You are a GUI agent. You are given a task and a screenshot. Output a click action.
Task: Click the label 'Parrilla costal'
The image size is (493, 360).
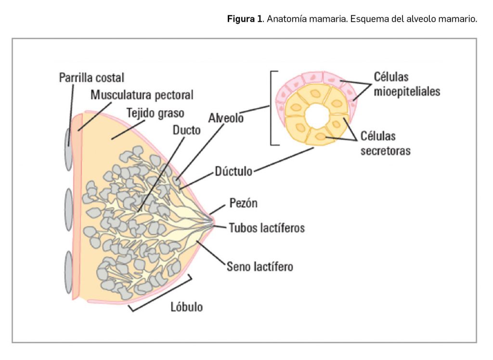[x=91, y=77]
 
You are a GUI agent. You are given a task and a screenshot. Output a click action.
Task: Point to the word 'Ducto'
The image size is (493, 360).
[x=187, y=130]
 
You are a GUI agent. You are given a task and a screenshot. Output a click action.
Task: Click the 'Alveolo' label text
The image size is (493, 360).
[x=226, y=117]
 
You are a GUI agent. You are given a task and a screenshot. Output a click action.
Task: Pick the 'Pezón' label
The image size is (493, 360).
[x=243, y=203]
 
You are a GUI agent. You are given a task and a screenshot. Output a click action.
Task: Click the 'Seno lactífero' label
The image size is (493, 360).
[x=259, y=266]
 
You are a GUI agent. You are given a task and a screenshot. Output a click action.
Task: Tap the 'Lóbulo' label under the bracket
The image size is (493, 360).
[x=187, y=307]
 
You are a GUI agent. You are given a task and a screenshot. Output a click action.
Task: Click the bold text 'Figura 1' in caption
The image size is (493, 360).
[x=245, y=20]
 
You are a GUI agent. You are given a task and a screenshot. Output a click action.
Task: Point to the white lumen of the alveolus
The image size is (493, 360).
[x=316, y=115]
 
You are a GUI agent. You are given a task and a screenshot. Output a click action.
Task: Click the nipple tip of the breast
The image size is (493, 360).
[x=213, y=221]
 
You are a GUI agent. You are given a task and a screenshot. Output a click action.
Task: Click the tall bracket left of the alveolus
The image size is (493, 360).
[x=273, y=108]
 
